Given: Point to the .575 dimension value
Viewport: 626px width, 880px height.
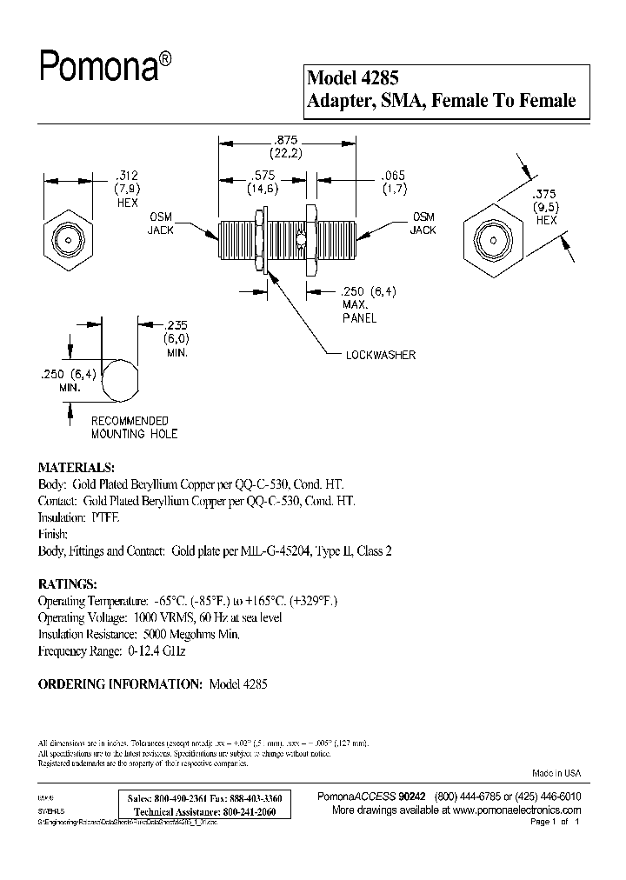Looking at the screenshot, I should (x=261, y=175).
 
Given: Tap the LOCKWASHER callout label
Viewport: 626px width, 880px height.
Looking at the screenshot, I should (x=379, y=355).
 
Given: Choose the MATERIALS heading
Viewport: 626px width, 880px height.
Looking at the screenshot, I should (x=77, y=467).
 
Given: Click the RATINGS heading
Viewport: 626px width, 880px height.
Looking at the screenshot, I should (x=68, y=583).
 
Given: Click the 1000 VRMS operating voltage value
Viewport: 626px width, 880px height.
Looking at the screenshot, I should (x=160, y=617).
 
